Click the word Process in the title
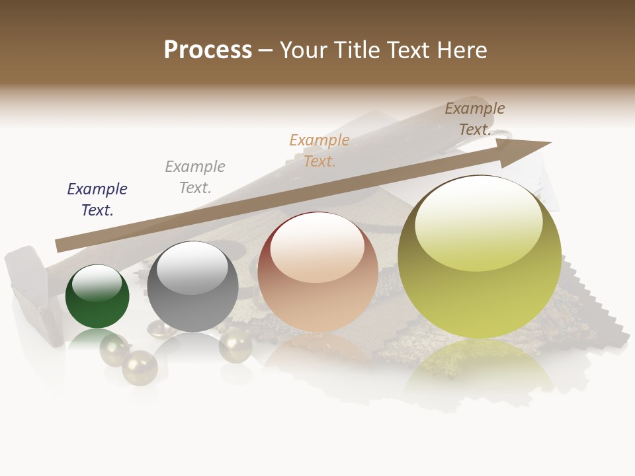coord(208,50)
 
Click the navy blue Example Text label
coord(97,199)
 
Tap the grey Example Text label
coord(195,177)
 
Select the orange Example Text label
coord(319,150)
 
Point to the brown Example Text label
coord(475,119)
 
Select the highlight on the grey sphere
coord(192,268)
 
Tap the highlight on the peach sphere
coord(317,248)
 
